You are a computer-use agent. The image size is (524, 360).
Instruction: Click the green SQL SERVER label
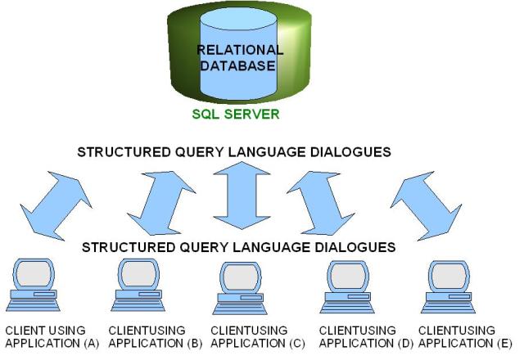tap(236, 115)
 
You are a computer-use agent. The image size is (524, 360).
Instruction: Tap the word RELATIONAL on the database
tap(240, 50)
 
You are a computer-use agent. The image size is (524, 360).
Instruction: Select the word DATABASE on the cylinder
tap(237, 65)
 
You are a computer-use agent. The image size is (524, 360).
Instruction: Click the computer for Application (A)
tap(34, 285)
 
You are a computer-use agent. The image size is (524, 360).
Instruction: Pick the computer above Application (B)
tap(138, 285)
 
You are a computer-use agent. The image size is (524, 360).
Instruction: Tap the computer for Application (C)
tap(240, 288)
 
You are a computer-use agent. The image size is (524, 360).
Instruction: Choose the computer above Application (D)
tap(347, 286)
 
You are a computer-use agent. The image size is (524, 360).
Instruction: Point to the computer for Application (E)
tap(449, 286)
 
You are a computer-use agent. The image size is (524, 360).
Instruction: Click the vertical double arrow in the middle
tap(242, 196)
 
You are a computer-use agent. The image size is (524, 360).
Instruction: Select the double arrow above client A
tap(56, 205)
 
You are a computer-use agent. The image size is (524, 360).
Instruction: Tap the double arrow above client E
tap(426, 205)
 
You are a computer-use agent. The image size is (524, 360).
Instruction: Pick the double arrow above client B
tap(161, 203)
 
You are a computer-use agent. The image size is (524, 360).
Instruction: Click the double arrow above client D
tap(321, 203)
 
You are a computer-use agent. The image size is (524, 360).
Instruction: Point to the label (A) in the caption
tap(92, 344)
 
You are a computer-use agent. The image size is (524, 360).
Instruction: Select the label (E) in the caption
tap(504, 344)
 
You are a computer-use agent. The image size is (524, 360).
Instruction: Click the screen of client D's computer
tap(348, 277)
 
